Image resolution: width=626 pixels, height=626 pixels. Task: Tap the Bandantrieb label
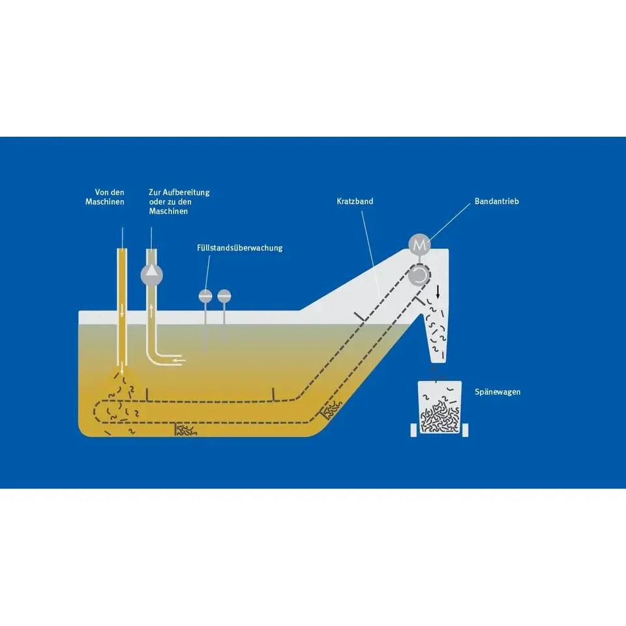click(498, 201)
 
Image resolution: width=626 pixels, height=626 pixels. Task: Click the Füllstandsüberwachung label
click(240, 248)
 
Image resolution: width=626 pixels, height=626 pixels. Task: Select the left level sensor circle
click(205, 296)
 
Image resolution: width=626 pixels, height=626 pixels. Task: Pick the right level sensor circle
click(224, 296)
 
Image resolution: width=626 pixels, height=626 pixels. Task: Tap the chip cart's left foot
click(412, 430)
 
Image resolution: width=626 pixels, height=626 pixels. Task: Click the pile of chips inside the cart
click(440, 420)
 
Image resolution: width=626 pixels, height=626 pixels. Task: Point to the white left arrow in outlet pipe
click(179, 360)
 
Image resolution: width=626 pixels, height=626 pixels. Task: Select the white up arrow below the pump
click(151, 310)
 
